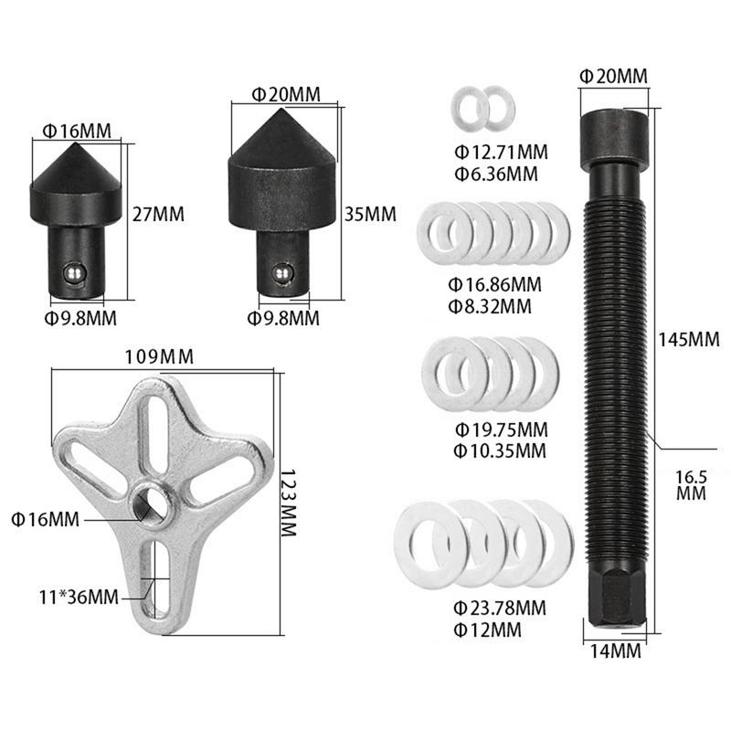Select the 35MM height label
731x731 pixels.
[x=370, y=215]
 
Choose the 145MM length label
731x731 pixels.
[x=688, y=339]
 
